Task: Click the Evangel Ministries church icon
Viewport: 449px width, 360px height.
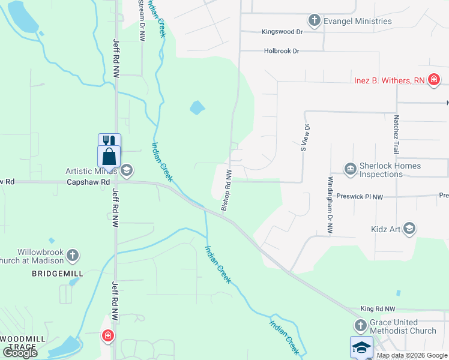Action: tap(314, 21)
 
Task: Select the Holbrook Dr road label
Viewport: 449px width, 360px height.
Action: tap(282, 51)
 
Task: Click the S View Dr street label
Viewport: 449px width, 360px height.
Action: tap(306, 137)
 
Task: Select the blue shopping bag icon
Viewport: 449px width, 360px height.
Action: tap(109, 157)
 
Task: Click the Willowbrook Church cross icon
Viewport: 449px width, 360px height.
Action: tap(73, 255)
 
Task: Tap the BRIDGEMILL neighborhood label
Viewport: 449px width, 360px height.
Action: tap(58, 273)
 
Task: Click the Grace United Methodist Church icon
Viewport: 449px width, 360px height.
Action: tap(360, 326)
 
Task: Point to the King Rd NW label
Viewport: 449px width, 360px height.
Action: tap(378, 308)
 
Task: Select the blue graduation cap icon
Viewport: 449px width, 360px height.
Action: tap(362, 347)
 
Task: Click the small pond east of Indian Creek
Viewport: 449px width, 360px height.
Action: tap(197, 108)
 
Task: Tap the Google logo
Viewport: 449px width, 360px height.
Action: tap(20, 353)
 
